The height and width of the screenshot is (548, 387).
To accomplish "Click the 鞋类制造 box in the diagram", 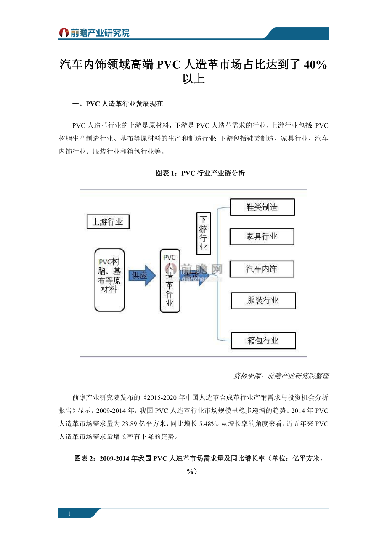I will click(x=262, y=207).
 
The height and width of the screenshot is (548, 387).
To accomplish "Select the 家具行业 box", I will click(x=262, y=237).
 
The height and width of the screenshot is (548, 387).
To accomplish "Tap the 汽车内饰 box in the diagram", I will click(x=262, y=269).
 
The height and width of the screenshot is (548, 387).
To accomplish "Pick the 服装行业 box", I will click(x=263, y=301).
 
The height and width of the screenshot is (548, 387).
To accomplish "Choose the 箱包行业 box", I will click(x=263, y=341).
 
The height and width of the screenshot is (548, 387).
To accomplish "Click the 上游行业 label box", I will click(x=108, y=222).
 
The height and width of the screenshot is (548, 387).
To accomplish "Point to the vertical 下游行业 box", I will click(x=203, y=233).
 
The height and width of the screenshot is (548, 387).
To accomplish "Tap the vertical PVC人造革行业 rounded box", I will click(x=170, y=280).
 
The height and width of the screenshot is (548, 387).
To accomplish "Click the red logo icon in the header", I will click(x=64, y=33).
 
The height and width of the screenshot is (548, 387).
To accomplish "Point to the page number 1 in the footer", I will click(x=69, y=513).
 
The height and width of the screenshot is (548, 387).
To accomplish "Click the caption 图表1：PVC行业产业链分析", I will click(x=200, y=173).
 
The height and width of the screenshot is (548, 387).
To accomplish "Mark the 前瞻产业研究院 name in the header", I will click(x=100, y=33).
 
